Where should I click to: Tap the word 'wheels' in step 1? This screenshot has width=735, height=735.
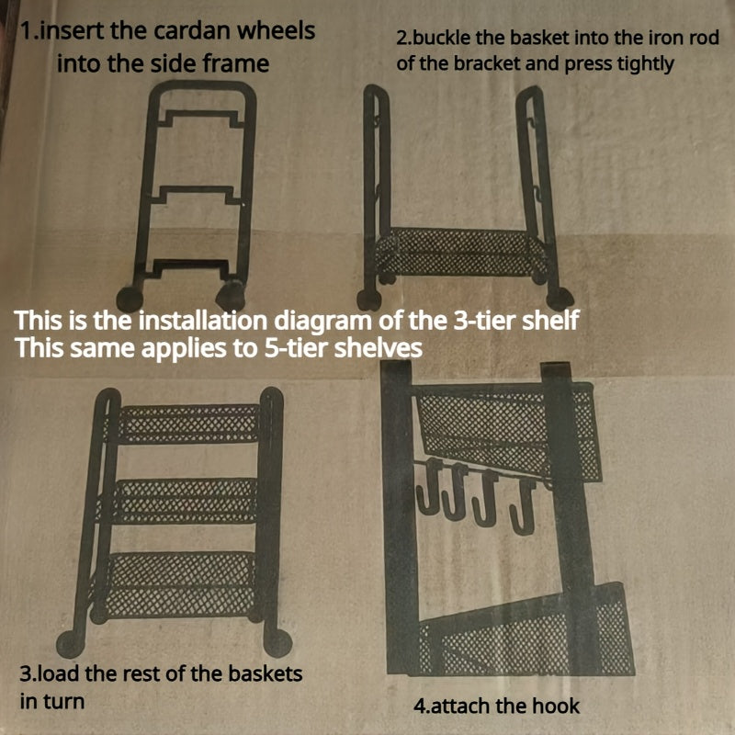click(277, 31)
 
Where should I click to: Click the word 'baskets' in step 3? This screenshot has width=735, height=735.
click(266, 673)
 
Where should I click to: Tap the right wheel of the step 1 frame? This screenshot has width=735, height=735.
click(231, 295)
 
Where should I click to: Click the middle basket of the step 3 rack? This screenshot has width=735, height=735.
click(183, 501)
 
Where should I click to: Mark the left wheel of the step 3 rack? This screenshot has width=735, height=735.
click(71, 644)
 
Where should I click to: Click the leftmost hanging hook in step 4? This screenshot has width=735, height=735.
click(427, 488)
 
